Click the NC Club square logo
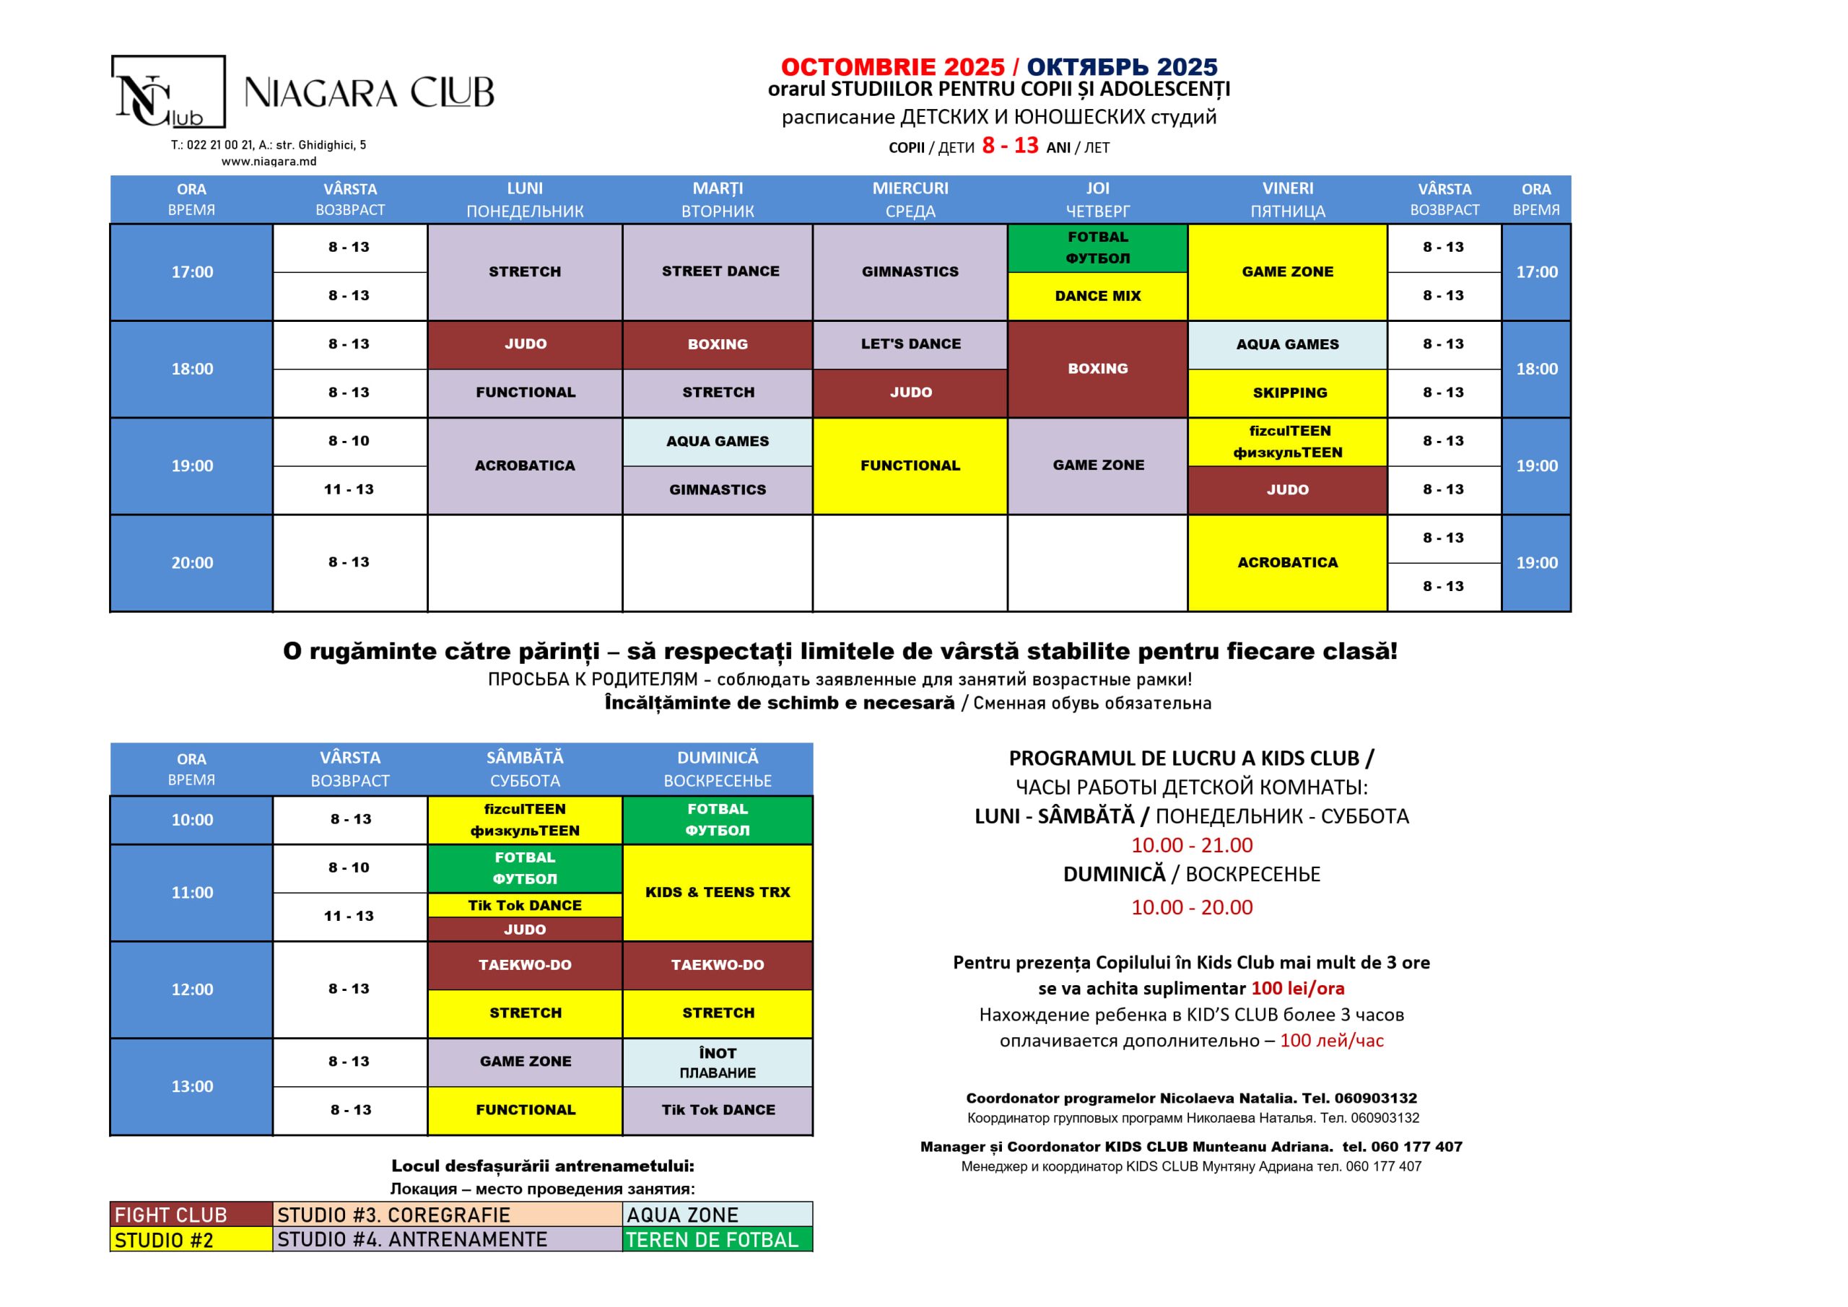coord(167,92)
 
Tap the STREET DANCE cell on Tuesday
coord(720,272)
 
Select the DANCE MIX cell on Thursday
coord(1097,296)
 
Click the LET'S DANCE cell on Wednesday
coord(910,344)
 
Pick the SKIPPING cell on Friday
coord(1289,393)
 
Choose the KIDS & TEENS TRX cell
coord(717,893)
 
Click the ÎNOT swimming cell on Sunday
coord(717,1062)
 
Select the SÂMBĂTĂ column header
coord(525,769)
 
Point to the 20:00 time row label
coord(191,562)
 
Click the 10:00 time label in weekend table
coord(191,820)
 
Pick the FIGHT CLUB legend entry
coord(191,1215)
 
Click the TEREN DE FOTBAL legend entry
coord(717,1239)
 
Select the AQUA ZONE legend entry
coord(717,1215)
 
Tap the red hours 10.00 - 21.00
coord(1191,845)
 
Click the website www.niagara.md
coord(269,162)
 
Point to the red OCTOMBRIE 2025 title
coord(893,67)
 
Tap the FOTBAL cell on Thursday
coord(1097,248)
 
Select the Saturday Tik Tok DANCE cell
coord(525,906)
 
